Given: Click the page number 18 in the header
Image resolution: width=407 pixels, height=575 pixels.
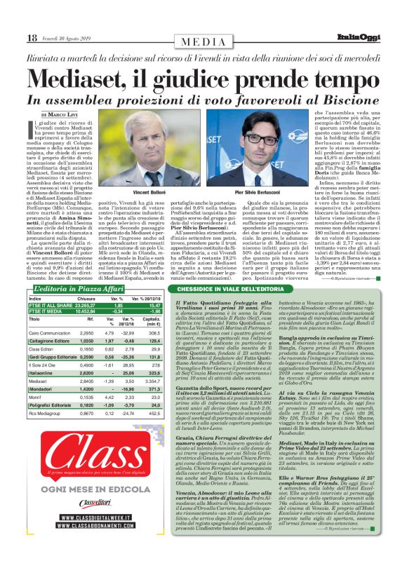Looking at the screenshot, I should [x=32, y=37].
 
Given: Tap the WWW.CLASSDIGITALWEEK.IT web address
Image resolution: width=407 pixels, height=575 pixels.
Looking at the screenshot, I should [x=98, y=539].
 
